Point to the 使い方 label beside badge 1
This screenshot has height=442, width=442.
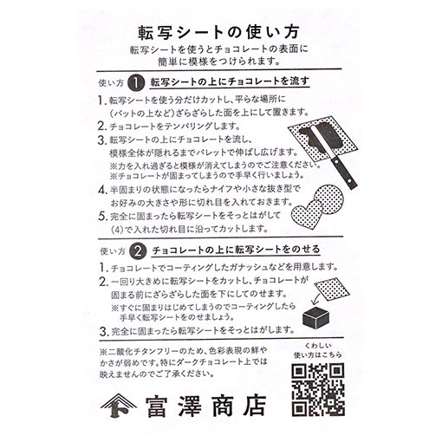click(106, 84)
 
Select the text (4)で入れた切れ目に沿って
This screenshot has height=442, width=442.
click(165, 230)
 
